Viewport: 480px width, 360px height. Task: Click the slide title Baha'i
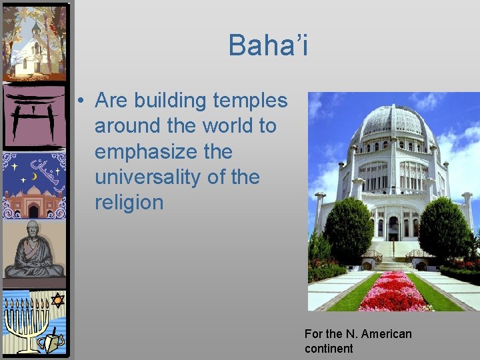(x=268, y=45)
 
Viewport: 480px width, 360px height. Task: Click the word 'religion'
(x=129, y=202)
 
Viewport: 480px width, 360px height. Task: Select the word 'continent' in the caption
(x=329, y=349)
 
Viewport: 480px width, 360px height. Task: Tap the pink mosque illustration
(x=33, y=200)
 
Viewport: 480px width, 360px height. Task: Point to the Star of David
(x=57, y=301)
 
